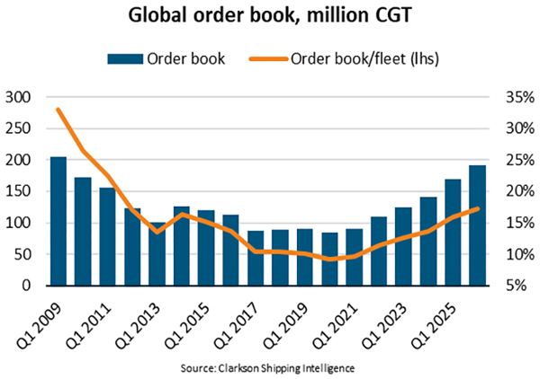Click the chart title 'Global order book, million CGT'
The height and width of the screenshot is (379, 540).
point(270,17)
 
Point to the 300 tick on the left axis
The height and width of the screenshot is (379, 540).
point(18,97)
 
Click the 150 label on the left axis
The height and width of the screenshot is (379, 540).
point(18,191)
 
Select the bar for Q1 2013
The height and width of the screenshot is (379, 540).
point(157,254)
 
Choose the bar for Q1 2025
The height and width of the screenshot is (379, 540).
point(453,233)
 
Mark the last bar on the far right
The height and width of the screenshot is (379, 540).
point(477,225)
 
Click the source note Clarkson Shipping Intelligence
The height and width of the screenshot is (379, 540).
point(270,369)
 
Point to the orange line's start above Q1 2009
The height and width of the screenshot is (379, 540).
point(58,110)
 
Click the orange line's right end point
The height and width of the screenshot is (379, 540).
point(477,208)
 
